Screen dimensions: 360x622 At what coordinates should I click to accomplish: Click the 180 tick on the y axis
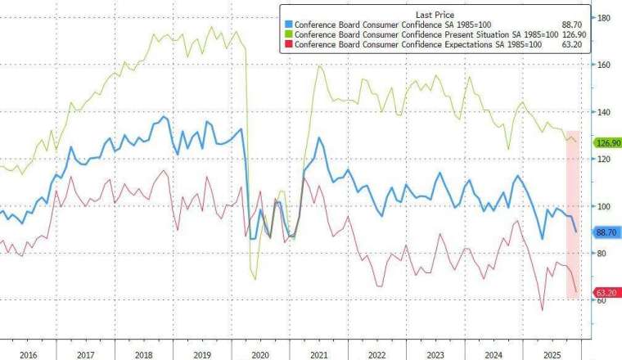602,17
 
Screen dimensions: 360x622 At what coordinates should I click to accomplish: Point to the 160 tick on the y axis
602,65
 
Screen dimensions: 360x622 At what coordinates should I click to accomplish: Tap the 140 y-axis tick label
602,112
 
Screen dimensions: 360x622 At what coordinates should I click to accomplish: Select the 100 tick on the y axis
602,207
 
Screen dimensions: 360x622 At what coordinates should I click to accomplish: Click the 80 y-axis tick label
602,254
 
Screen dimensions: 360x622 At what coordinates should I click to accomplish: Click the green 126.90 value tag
604,143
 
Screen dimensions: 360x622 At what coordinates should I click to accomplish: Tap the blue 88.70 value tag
604,233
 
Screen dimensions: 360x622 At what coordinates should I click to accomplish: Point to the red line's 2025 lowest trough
542,310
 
